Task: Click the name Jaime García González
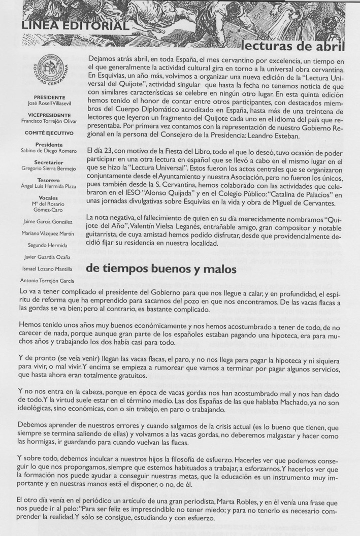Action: click(x=48, y=222)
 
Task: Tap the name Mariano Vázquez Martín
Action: click(x=49, y=233)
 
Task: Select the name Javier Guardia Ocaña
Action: click(x=49, y=257)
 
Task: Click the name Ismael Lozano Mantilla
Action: click(x=49, y=269)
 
